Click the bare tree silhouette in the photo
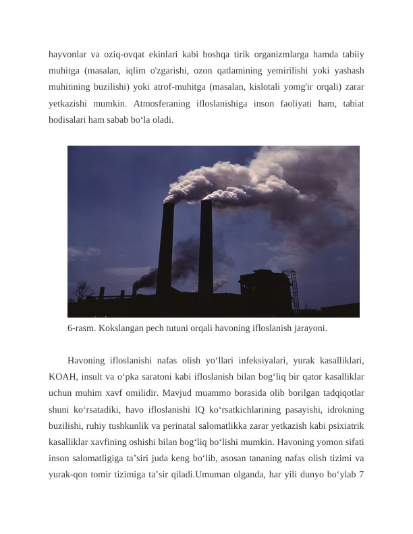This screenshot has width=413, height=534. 82,290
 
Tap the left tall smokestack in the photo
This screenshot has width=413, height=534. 165,249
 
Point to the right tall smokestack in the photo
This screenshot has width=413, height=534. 206,249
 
